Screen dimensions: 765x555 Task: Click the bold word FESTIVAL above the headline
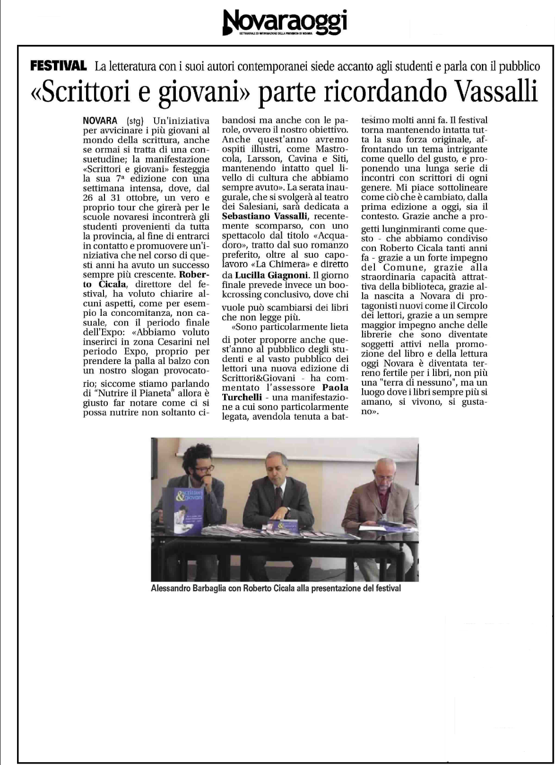point(58,66)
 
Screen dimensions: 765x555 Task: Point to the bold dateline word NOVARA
point(100,121)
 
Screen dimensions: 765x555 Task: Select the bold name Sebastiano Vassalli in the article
point(265,217)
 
